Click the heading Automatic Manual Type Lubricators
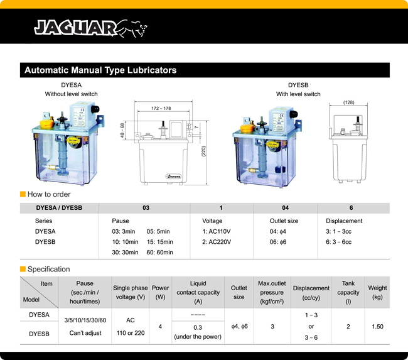point(100,70)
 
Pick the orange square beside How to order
point(23,195)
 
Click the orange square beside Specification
point(23,270)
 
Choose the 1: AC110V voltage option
point(217,231)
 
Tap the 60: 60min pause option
point(159,253)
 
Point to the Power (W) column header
point(161,293)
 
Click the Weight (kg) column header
point(377,293)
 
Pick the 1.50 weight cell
point(377,327)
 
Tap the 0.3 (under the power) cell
point(198,332)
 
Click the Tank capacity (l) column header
point(348,293)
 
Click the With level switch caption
point(298,94)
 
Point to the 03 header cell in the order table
point(145,208)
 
